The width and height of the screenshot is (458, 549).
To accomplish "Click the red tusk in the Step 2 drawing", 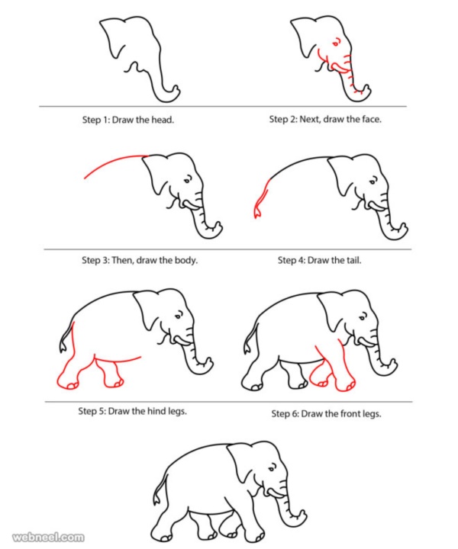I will pos(343,71).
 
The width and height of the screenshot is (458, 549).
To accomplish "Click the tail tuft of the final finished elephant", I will pos(156,500).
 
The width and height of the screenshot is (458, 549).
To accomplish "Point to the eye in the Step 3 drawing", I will pos(188,181).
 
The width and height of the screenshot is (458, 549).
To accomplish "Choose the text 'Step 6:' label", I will pos(285,414).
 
